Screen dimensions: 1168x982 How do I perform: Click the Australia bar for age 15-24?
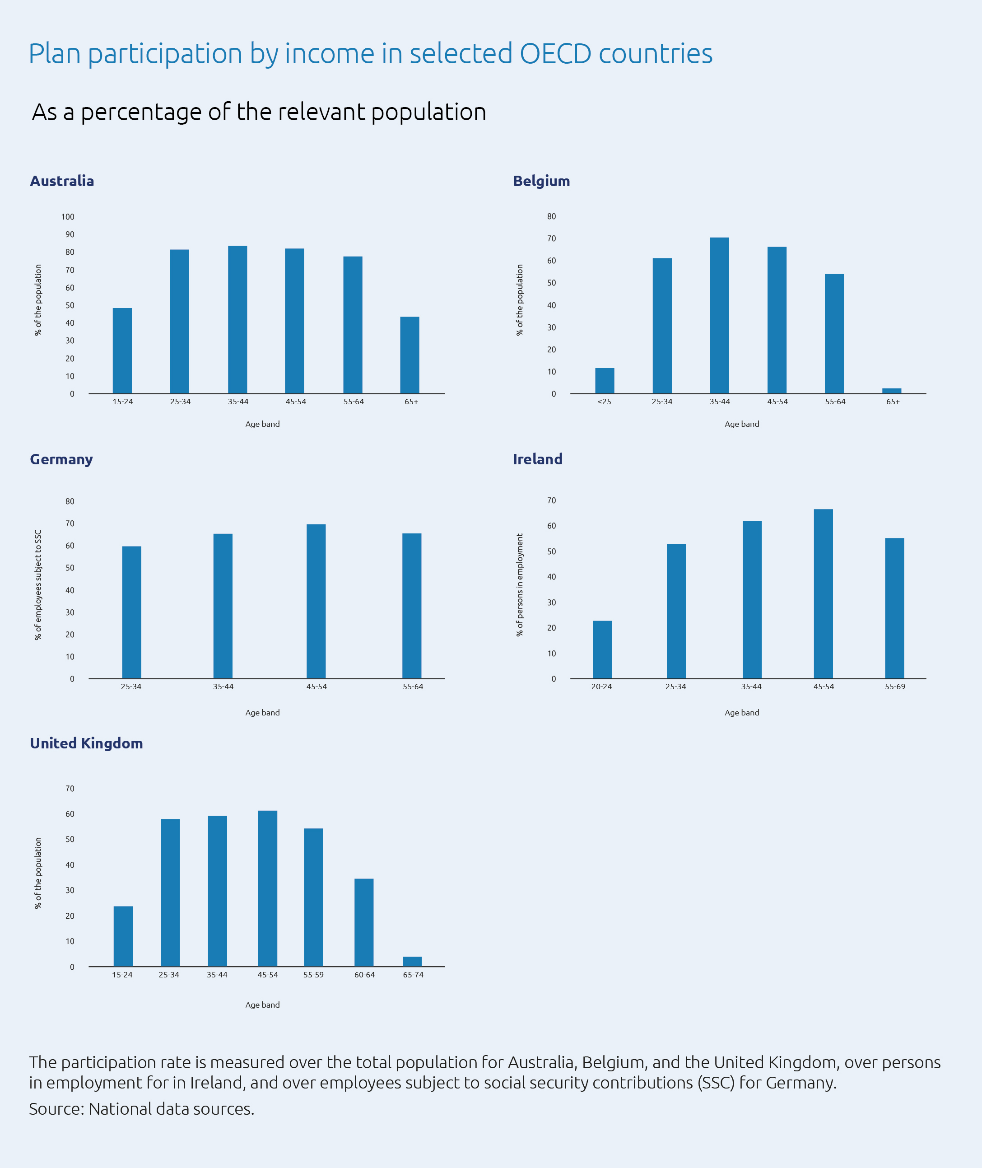click(122, 351)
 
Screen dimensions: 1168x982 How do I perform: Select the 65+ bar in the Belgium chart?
click(891, 390)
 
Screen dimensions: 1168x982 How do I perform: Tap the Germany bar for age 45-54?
click(316, 601)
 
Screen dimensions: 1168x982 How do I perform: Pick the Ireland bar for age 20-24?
click(602, 649)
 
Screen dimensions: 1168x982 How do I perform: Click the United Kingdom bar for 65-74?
click(412, 961)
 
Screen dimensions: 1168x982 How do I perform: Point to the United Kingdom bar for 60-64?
click(363, 922)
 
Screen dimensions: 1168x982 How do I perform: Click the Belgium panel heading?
click(540, 181)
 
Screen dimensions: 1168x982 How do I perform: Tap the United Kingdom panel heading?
click(86, 743)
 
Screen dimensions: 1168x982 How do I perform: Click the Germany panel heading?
click(61, 459)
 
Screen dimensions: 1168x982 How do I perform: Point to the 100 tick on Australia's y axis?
click(67, 217)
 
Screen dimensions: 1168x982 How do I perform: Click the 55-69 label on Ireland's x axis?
click(894, 686)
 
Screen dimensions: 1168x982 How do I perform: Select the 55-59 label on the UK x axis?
click(313, 975)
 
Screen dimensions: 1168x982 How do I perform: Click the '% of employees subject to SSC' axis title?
click(38, 584)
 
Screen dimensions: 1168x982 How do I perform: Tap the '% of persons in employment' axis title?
click(519, 585)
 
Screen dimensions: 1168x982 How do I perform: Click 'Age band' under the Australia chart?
click(262, 424)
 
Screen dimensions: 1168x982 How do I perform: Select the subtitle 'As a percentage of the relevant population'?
click(259, 112)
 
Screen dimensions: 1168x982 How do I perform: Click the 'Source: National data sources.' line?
click(141, 1108)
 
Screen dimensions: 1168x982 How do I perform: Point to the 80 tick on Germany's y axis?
click(70, 501)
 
